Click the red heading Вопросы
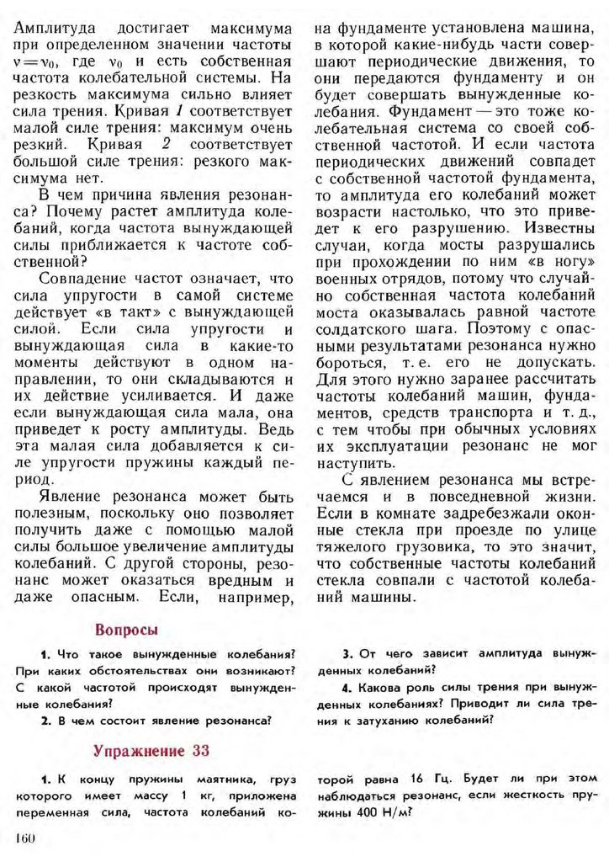point(127,630)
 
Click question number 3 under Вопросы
point(346,653)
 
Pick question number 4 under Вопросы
point(346,687)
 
